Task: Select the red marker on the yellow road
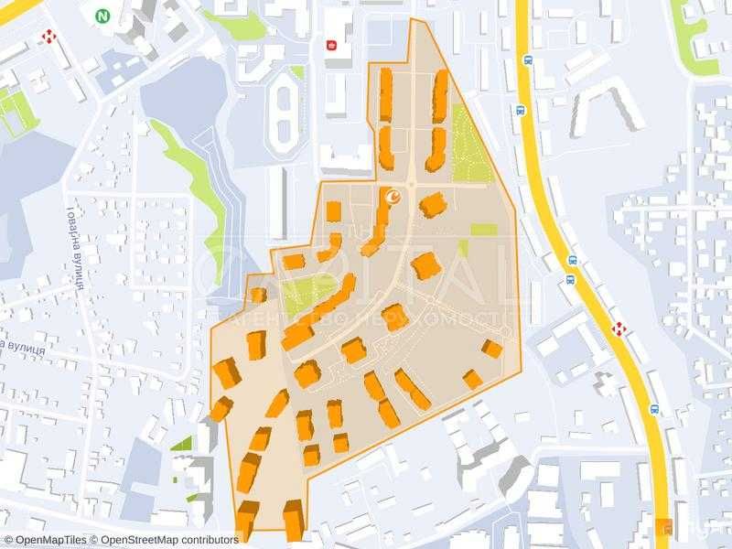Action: [x=619, y=328]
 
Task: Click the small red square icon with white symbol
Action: [x=332, y=42]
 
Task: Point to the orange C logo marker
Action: [x=394, y=195]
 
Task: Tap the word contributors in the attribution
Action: [x=210, y=540]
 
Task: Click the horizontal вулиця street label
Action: [x=27, y=347]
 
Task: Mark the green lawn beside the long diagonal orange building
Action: [x=302, y=295]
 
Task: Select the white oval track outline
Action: [x=285, y=114]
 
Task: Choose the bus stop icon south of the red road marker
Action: [x=654, y=409]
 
